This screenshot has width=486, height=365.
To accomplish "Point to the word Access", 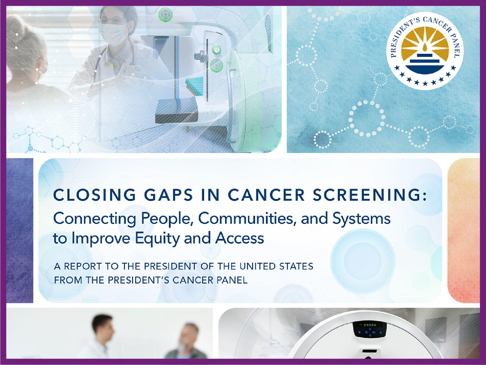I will coord(240,238).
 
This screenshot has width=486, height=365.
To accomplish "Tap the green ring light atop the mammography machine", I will coord(165,14).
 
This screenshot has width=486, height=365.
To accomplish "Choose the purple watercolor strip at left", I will coord(20,230).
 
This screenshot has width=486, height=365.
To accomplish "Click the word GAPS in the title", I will coord(168,195).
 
